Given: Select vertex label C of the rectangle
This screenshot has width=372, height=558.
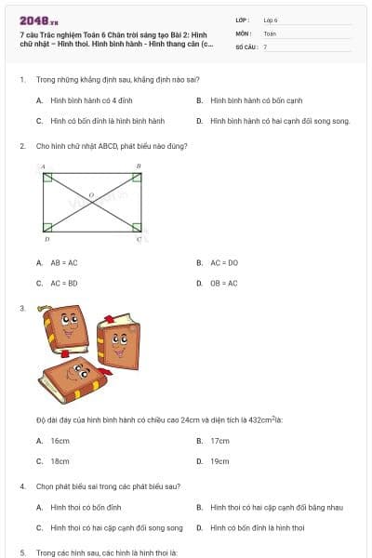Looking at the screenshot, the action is tap(139, 239).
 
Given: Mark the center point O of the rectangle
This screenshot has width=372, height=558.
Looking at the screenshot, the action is tap(91, 196).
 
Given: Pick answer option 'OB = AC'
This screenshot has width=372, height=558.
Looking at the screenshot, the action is tap(224, 283).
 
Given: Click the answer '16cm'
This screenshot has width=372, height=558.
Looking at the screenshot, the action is tap(60, 440).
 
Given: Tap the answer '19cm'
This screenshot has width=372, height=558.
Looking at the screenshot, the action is tap(220, 460).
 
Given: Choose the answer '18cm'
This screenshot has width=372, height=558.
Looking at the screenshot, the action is tap(60, 460).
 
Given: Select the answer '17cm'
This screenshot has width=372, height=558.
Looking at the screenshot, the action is tap(220, 440).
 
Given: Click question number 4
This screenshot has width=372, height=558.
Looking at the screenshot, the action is tap(22, 486).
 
